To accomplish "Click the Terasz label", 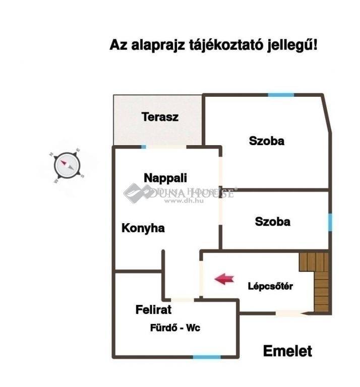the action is (x=160, y=117).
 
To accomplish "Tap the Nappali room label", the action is (x=165, y=178).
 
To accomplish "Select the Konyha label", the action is (x=143, y=228).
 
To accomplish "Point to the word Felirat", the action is (x=153, y=309).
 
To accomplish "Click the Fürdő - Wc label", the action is (x=175, y=328).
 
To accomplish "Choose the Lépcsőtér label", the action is (x=270, y=286).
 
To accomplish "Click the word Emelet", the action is (x=287, y=351).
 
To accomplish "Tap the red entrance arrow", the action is (x=224, y=279).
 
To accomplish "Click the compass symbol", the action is (x=67, y=165).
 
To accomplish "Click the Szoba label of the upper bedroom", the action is (x=266, y=141).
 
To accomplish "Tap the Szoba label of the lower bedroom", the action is (x=272, y=222).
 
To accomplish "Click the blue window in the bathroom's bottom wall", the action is (x=207, y=357).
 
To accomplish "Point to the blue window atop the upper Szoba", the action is (x=281, y=95).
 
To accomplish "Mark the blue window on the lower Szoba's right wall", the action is (x=330, y=222).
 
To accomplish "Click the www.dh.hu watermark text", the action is (x=184, y=201).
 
